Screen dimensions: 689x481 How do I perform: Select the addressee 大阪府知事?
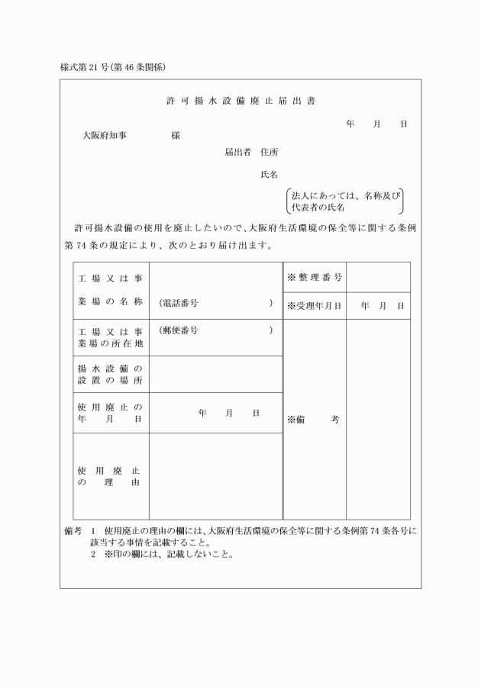pyautogui.click(x=105, y=135)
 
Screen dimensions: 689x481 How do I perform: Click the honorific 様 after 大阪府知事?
pyautogui.click(x=176, y=135)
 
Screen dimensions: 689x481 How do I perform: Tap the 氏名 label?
pyautogui.click(x=269, y=175)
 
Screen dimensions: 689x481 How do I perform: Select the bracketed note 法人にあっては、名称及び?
pyautogui.click(x=345, y=195)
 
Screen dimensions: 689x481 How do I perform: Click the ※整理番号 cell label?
pyautogui.click(x=314, y=276)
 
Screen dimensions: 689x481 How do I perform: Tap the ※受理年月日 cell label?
pyautogui.click(x=314, y=306)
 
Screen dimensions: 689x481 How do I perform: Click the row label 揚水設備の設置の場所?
pyautogui.click(x=110, y=374)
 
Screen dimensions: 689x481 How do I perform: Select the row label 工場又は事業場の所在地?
pyautogui.click(x=110, y=337)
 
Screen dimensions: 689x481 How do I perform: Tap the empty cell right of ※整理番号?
pyautogui.click(x=378, y=276)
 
